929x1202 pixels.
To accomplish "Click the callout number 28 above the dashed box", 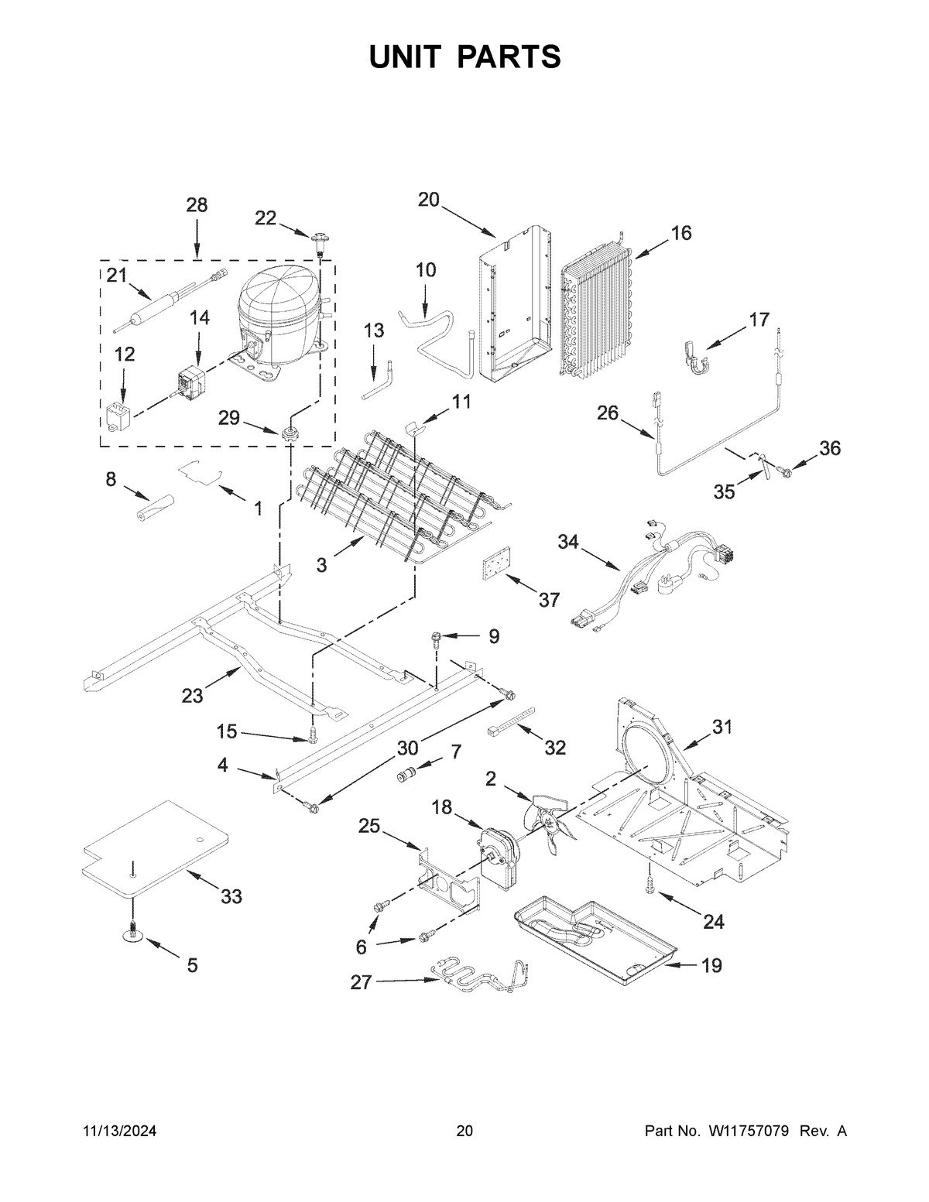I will tap(197, 205).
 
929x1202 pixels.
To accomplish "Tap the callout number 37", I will tap(549, 599).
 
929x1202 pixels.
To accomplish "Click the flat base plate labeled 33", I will tap(155, 851).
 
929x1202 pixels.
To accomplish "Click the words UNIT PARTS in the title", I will tap(464, 57).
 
